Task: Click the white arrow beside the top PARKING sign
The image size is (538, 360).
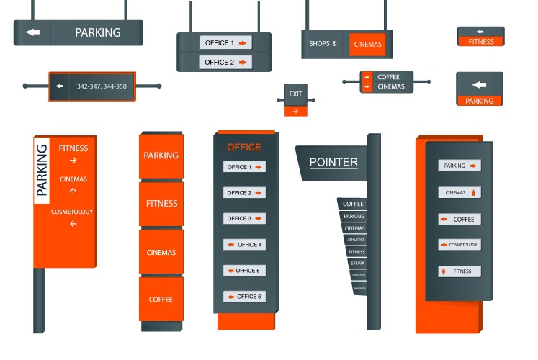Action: tap(32, 32)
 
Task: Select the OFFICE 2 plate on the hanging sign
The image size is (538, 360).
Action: tap(225, 63)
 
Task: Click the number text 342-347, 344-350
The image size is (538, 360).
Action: tap(101, 87)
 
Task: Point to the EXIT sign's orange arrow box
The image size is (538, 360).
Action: tap(295, 111)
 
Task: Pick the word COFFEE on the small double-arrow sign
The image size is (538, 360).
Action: tap(388, 77)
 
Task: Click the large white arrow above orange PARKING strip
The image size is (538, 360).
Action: tap(479, 85)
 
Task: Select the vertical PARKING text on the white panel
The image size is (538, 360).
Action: tap(42, 170)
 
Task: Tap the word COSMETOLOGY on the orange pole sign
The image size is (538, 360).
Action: tap(72, 212)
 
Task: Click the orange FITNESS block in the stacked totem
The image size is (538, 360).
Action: tap(161, 204)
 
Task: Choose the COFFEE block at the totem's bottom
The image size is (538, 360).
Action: tap(161, 300)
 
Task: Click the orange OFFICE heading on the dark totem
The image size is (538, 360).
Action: tap(244, 148)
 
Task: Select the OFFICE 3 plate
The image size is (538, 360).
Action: tap(244, 219)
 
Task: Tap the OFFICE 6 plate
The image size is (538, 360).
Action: tap(244, 297)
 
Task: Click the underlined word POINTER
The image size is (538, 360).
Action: tap(333, 163)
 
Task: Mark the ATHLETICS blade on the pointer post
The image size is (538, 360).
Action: tap(356, 240)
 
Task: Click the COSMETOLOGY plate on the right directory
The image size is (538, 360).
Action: tap(459, 245)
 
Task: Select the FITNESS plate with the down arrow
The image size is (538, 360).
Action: tap(459, 271)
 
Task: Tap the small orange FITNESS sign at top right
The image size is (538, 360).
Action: tap(481, 41)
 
